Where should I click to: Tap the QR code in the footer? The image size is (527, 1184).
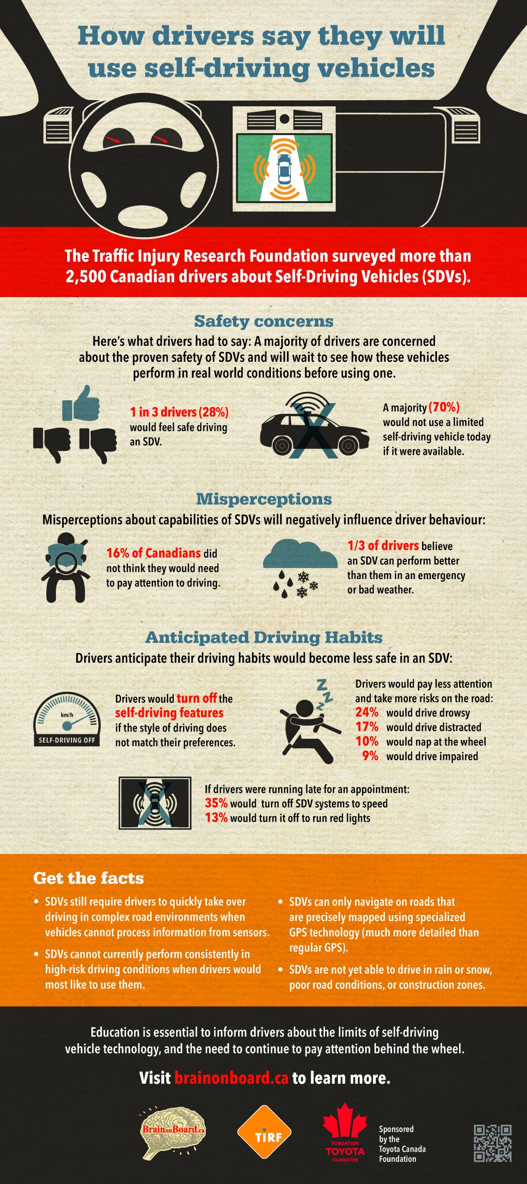point(492,1143)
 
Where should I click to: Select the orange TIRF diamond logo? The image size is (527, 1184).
point(264,1132)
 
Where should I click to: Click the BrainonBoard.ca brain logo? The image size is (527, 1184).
point(173,1130)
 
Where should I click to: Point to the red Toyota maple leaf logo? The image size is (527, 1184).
point(345,1123)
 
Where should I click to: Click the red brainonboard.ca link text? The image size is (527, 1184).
point(231,1078)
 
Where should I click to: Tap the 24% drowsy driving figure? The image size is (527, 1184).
point(367,712)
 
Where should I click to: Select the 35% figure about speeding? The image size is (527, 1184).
point(216,803)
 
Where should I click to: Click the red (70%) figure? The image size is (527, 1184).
point(444,407)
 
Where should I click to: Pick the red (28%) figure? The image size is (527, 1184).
point(214,412)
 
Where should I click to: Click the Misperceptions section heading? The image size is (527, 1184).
point(264,499)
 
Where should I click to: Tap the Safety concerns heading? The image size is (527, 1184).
point(263,321)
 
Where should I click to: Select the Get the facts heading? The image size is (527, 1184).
point(88,878)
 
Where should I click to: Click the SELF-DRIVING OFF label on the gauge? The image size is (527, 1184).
point(67,740)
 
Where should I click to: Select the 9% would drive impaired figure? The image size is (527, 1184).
point(370,756)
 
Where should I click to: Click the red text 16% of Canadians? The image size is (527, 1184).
point(153,553)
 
